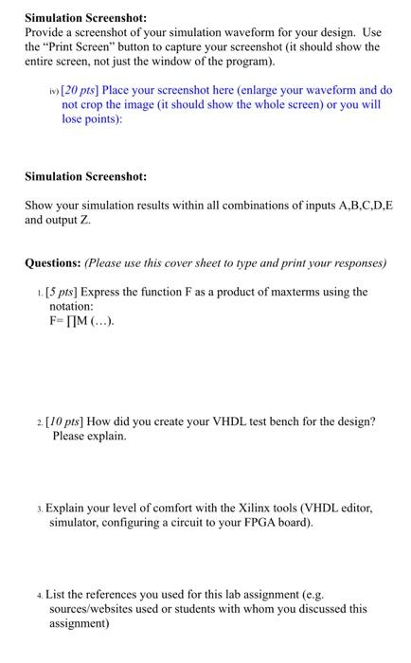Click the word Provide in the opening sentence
(x=46, y=32)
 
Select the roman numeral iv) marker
(x=55, y=91)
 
